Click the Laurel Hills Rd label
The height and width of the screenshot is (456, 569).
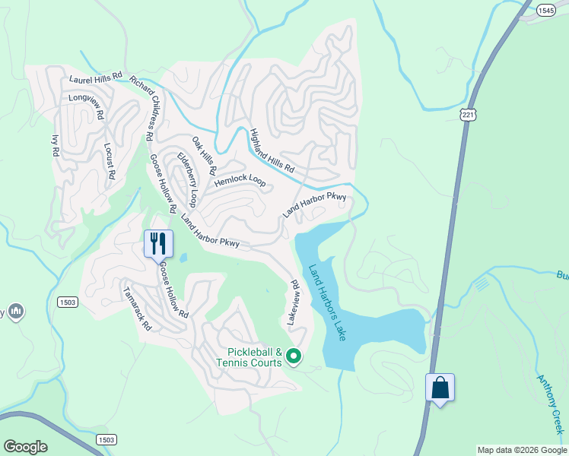(96, 78)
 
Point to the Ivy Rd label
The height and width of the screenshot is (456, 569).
(55, 145)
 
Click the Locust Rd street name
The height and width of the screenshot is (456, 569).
(109, 160)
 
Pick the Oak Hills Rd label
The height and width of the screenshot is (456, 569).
(204, 155)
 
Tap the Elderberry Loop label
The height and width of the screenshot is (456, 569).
(187, 179)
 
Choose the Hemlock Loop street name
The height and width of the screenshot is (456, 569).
(240, 182)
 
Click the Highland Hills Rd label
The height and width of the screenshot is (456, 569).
(272, 150)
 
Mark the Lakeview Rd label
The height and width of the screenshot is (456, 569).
(294, 303)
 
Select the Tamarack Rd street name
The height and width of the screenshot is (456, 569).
(138, 309)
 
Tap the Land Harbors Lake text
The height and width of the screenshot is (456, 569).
(327, 302)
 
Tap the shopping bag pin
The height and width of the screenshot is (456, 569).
(440, 388)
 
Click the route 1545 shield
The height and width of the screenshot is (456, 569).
(545, 11)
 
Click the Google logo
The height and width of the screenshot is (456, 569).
(25, 447)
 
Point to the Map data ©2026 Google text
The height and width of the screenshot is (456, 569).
(521, 450)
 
